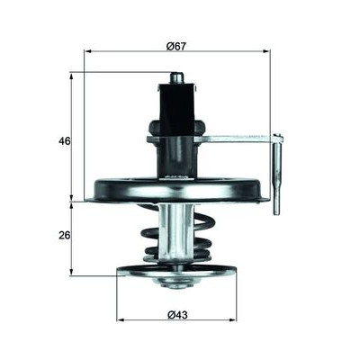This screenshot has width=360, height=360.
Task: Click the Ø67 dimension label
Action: (x=176, y=47)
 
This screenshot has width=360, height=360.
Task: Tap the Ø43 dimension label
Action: (x=177, y=315)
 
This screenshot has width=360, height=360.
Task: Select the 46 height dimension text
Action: (x=64, y=140)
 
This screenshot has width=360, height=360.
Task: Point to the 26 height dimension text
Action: (x=64, y=235)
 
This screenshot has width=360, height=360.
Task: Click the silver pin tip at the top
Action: (x=176, y=77)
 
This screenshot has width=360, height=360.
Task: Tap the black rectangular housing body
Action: (x=176, y=110)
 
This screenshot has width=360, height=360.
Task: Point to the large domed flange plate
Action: (x=177, y=191)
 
